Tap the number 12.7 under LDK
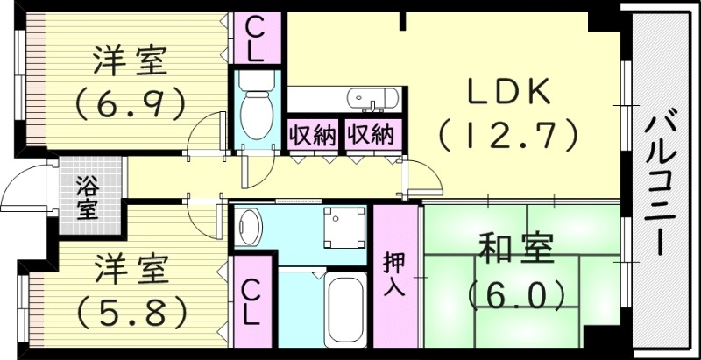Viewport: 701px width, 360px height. (x=507, y=134)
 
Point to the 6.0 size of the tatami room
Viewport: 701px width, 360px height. (x=515, y=294)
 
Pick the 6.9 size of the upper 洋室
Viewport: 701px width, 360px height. (x=129, y=104)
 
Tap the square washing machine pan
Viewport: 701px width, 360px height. (x=342, y=227)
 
